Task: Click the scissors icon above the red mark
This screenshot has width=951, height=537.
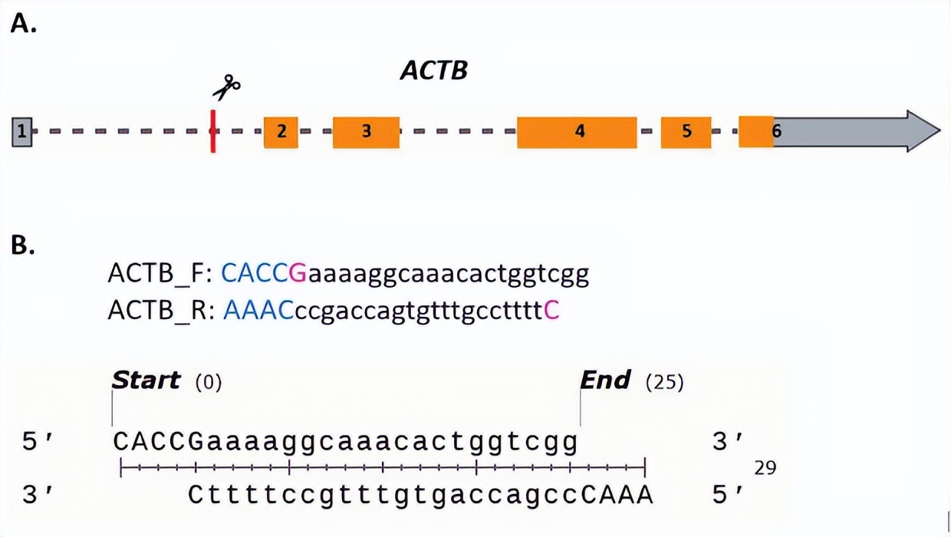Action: [x=226, y=87]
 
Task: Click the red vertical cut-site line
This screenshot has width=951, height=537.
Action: [x=212, y=131]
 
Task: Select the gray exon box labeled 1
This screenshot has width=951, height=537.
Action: [x=21, y=132]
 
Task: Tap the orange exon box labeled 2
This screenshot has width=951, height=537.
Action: [x=281, y=132]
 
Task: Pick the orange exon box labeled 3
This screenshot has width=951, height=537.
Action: [x=366, y=132]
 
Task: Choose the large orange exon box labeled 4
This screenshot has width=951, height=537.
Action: [x=577, y=132]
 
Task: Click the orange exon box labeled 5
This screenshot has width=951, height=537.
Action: [x=686, y=132]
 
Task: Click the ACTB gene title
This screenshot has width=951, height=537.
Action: [x=433, y=71]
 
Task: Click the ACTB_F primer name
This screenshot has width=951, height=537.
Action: [x=160, y=274]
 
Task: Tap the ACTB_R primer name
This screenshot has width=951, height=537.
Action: [x=160, y=311]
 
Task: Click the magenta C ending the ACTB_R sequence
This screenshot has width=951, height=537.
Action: [x=551, y=311]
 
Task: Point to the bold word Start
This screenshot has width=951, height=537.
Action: [x=146, y=380]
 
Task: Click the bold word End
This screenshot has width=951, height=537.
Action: [x=605, y=380]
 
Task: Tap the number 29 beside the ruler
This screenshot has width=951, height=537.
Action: [x=765, y=467]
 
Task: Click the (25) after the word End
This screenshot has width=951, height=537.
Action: [x=664, y=381]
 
